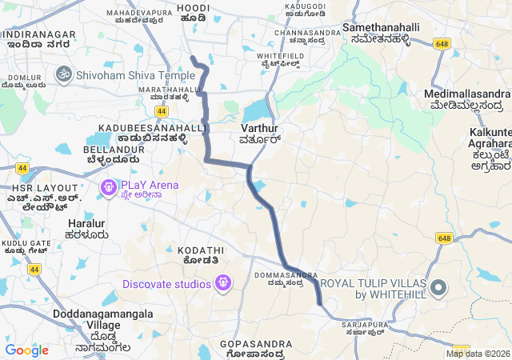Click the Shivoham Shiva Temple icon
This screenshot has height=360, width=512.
pyautogui.click(x=62, y=74)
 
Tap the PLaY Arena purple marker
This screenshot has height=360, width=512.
pyautogui.click(x=108, y=189)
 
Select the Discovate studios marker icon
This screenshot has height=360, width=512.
pyautogui.click(x=222, y=282)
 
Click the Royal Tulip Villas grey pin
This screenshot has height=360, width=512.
pyautogui.click(x=438, y=288)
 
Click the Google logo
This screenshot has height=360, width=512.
pyautogui.click(x=26, y=350)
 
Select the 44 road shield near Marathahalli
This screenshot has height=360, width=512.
pyautogui.click(x=162, y=111)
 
